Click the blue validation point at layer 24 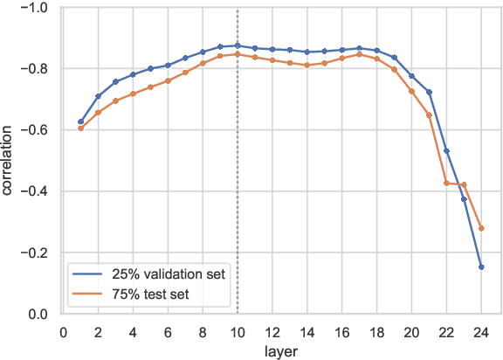point(481,267)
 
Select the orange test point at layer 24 point(481,228)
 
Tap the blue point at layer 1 point(80,121)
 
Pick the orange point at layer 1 point(80,128)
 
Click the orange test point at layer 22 point(446,183)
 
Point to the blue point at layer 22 point(446,151)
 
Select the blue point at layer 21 point(429,92)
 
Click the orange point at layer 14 point(307,66)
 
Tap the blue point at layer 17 point(359,49)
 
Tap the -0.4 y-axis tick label point(37,192)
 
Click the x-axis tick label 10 point(237,332)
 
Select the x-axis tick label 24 point(481,332)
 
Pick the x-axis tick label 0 point(63,332)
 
